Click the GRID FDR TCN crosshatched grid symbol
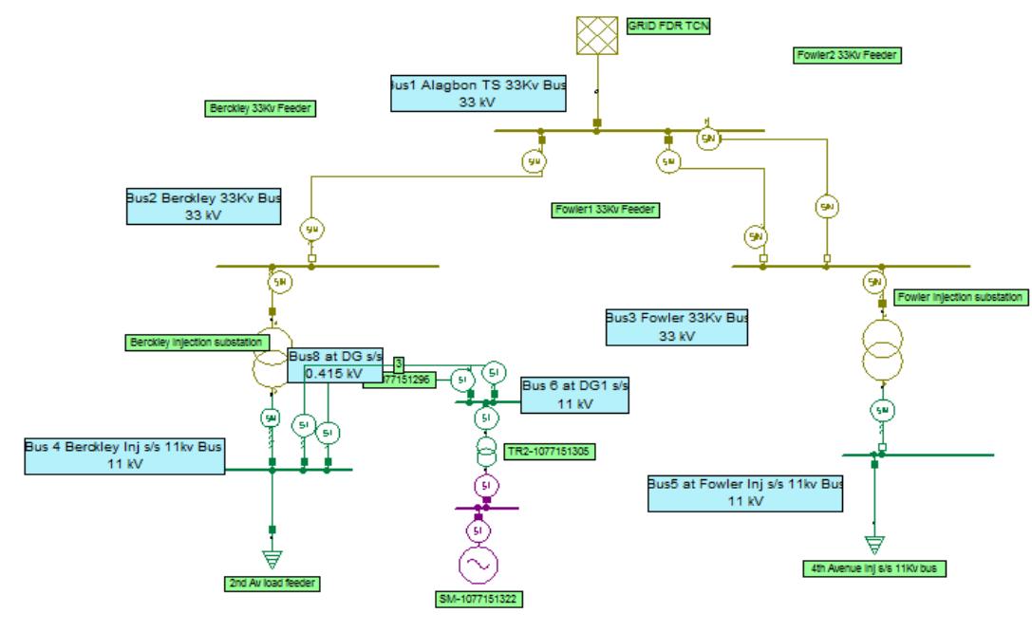coord(596,34)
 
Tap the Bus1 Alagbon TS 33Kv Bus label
coord(478,93)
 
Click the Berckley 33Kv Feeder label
coord(260,108)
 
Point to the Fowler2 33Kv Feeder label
coord(847,55)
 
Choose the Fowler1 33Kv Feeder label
coord(606,209)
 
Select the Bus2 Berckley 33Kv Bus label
coord(204,207)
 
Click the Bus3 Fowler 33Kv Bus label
coord(676,325)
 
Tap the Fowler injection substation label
coord(961,297)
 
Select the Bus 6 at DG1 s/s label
coord(575,395)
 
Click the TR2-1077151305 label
coord(551,452)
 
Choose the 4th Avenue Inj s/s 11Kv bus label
coord(873,569)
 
